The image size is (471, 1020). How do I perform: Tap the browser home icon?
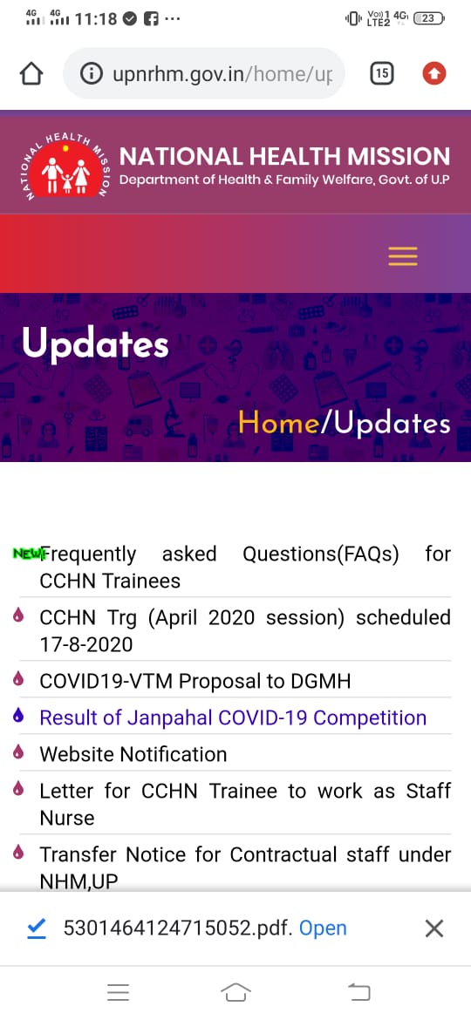(31, 74)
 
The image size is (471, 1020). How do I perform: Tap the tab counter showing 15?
(382, 74)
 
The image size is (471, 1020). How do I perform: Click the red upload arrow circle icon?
(433, 74)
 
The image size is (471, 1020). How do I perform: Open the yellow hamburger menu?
(403, 256)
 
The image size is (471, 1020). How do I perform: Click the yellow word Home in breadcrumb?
(279, 423)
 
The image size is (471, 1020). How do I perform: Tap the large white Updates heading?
(96, 344)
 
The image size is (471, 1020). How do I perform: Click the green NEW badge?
(27, 554)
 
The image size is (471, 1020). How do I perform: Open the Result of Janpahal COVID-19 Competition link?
(233, 717)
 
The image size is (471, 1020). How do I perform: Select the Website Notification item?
(133, 754)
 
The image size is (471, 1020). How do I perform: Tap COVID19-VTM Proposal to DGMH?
(195, 681)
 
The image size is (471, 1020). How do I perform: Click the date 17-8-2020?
(85, 644)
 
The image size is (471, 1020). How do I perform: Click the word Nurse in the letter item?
(68, 818)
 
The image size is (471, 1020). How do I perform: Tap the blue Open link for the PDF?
(323, 928)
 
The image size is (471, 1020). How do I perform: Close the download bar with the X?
(433, 928)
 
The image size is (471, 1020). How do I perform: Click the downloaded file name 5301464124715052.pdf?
(178, 928)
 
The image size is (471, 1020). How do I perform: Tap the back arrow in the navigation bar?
(358, 991)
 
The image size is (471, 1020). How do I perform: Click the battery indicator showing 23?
(429, 18)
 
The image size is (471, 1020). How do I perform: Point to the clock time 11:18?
(96, 18)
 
